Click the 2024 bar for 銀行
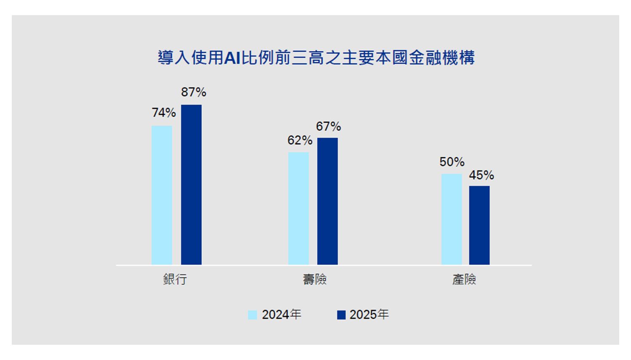point(162,195)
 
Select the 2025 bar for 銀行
point(191,185)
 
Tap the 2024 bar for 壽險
point(299,208)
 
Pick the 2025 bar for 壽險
point(328,201)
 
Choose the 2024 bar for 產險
point(452,219)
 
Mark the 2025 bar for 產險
point(480,225)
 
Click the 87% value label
point(194,92)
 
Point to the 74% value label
point(164,113)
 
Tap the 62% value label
point(300,140)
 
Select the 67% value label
point(329,127)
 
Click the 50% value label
point(452,162)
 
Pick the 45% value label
point(482,175)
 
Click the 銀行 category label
point(175,279)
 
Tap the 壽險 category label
point(315,279)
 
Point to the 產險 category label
point(464,279)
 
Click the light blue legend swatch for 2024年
point(252,315)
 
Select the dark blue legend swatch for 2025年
point(341,315)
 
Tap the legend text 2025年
point(369,315)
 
